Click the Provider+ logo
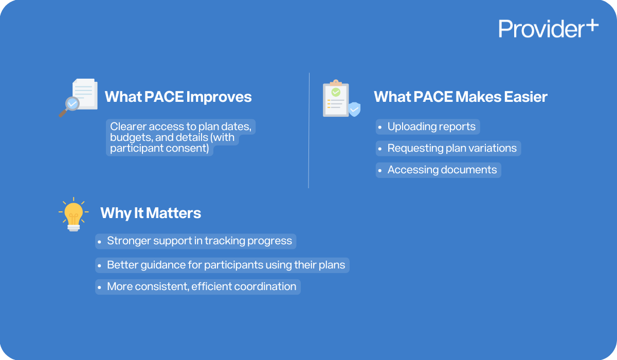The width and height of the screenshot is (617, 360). (548, 29)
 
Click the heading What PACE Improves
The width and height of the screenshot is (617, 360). (178, 97)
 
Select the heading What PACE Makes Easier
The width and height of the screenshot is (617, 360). (460, 97)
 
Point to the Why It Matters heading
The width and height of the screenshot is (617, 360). (150, 213)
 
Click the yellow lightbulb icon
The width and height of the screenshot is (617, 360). (74, 214)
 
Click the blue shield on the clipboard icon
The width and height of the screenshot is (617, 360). (354, 109)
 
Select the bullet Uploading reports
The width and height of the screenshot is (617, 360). (431, 127)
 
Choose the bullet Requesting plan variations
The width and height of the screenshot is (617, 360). (451, 148)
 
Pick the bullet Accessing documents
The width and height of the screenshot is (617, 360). (442, 170)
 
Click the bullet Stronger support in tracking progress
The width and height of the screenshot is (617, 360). (199, 241)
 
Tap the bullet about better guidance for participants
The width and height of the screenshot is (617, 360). (226, 265)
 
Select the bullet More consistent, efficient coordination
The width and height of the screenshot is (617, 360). (201, 286)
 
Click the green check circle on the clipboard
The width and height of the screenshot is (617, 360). (336, 93)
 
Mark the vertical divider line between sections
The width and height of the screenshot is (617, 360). (308, 130)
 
